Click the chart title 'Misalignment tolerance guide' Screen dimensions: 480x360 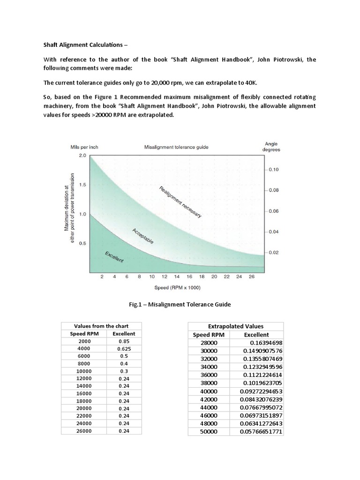(x=176, y=147)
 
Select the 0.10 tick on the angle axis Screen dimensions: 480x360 (x=273, y=170)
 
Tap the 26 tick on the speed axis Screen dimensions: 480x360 (x=252, y=277)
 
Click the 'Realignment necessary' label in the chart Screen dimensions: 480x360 (x=180, y=202)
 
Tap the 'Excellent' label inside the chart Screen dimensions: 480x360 (x=114, y=257)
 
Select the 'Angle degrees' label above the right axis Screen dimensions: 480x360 (x=271, y=147)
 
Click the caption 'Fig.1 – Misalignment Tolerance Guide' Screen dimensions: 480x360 (x=180, y=305)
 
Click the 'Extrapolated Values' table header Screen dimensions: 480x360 (x=235, y=326)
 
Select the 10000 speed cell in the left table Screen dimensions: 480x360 (x=84, y=371)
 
